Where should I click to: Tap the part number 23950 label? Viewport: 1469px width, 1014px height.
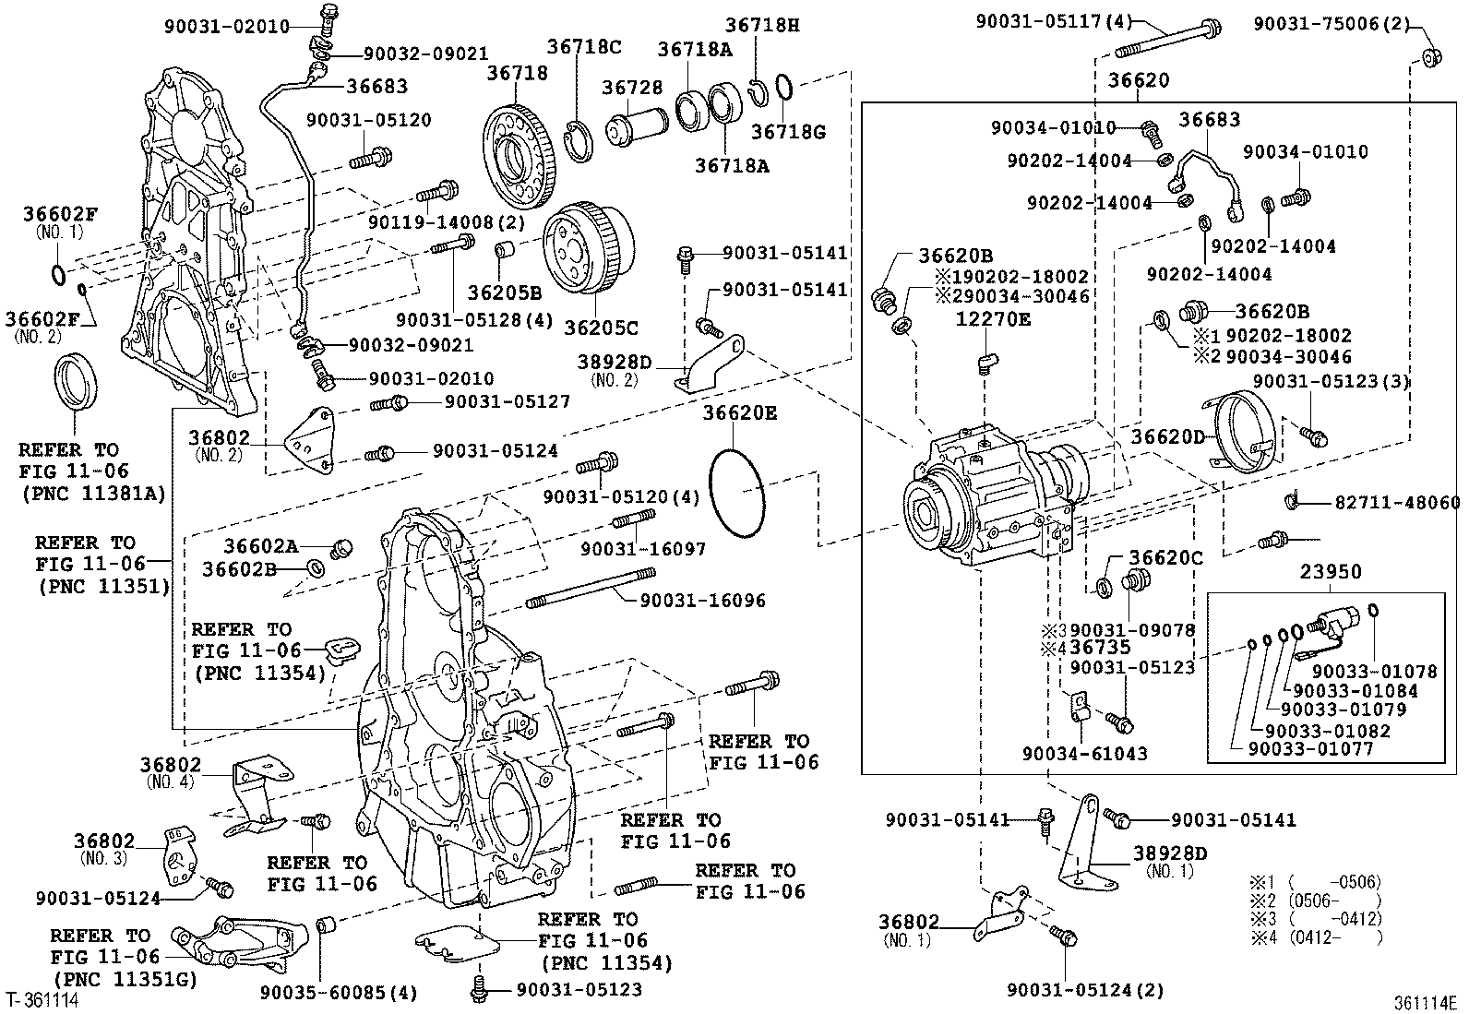(x=1331, y=572)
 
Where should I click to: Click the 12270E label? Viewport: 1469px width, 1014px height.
(x=993, y=320)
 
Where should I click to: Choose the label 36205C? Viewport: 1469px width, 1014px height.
(x=601, y=328)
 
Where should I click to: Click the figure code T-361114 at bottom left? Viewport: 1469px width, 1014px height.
(x=42, y=1000)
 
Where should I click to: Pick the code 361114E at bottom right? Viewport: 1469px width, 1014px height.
(x=1424, y=1002)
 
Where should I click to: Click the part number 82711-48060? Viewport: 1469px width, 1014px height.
(x=1397, y=503)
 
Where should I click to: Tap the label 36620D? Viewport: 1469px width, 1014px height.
(x=1168, y=435)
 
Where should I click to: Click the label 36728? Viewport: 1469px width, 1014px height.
(x=632, y=88)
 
